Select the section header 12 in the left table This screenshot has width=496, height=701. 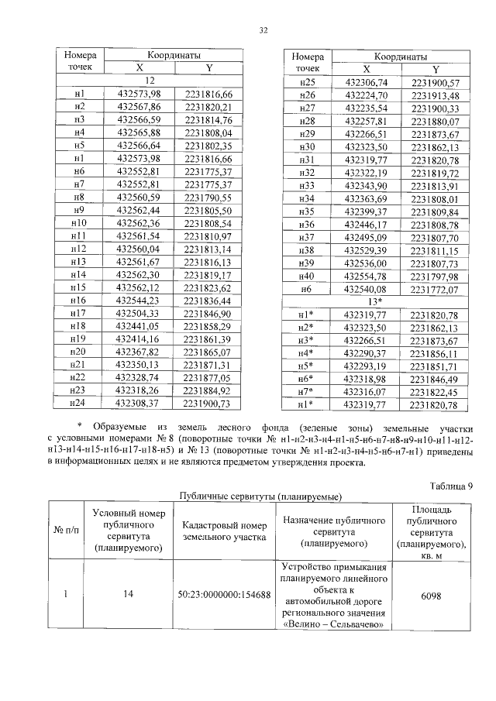coord(150,81)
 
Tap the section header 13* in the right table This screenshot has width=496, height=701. coord(375,300)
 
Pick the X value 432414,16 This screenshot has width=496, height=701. coord(142,339)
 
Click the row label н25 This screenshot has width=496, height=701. coord(307,82)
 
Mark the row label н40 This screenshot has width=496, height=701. coord(307,277)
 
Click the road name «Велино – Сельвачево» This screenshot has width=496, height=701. coord(334,625)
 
